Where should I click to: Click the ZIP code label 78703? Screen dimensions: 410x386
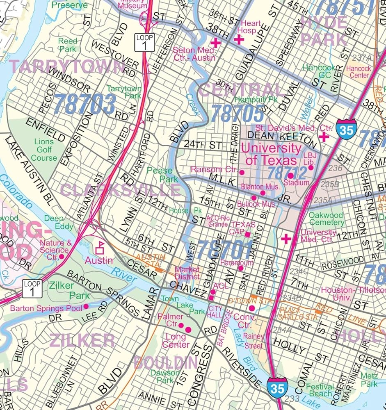tap(85, 104)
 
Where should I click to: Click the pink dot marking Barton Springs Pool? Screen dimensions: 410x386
tap(86, 307)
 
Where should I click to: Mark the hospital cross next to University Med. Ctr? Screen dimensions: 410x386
tap(286, 238)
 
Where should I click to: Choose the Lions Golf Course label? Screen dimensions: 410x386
tap(44, 150)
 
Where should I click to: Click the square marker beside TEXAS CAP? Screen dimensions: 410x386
tap(247, 234)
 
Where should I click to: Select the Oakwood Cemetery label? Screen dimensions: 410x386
tap(326, 219)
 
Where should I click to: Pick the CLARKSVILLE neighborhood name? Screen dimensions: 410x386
tap(120, 190)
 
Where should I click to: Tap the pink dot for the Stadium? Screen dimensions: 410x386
tap(290, 175)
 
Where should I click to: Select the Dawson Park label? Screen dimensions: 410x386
tap(164, 376)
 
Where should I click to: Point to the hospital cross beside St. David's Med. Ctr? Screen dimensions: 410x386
tap(324, 137)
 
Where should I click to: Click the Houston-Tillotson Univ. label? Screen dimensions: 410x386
tap(353, 294)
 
